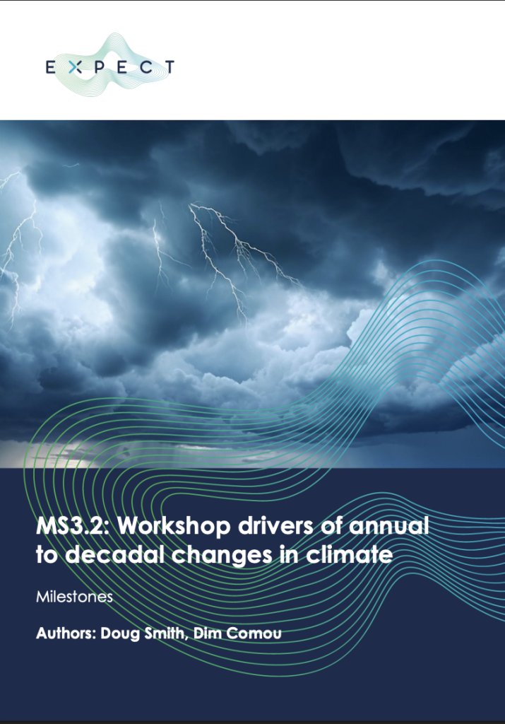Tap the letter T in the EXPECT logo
170,67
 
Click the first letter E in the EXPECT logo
50,67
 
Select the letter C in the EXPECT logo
146,67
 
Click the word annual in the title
388,526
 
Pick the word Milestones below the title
74,597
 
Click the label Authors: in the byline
66,633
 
